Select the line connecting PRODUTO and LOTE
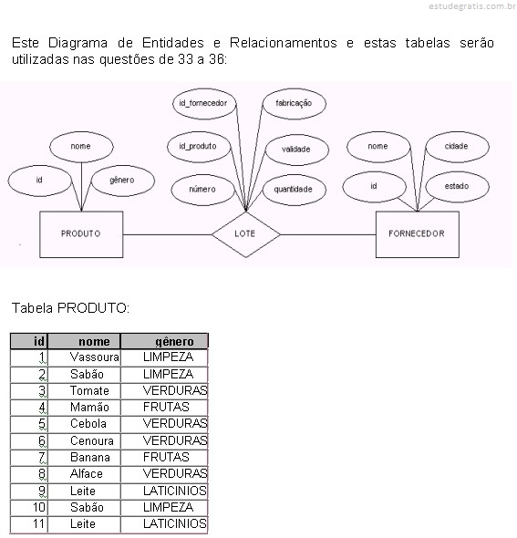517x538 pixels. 167,234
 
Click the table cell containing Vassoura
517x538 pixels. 84,357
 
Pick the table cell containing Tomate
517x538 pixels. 84,391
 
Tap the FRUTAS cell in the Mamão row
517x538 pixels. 164,408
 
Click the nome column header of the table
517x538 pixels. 84,341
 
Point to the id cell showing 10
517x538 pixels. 29,508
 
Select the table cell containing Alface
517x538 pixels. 84,474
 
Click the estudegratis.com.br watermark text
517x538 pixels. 472,6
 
